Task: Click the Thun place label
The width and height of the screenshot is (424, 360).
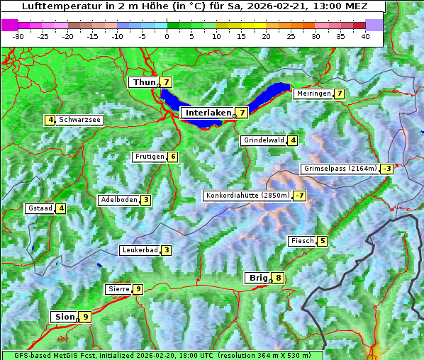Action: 144,83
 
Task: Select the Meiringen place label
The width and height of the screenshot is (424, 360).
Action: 313,94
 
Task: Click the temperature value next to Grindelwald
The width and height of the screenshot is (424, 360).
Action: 292,140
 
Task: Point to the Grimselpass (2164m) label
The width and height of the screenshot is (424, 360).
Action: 340,169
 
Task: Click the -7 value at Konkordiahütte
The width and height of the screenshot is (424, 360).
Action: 300,196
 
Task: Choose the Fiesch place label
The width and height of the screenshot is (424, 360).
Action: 302,241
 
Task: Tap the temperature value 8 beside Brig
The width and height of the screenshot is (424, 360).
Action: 279,279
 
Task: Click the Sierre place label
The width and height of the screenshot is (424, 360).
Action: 118,289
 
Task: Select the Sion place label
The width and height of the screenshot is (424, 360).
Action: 64,317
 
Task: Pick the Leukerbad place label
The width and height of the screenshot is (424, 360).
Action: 139,250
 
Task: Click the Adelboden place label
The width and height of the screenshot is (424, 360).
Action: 118,200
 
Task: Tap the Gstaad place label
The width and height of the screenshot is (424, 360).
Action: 40,208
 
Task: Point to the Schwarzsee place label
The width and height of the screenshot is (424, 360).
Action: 80,120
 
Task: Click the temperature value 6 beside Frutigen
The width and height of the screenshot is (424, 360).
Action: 172,157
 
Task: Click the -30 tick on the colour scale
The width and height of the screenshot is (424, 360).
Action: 18,35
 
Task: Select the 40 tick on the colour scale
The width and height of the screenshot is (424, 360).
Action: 365,35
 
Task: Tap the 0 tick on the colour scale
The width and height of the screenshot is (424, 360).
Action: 167,35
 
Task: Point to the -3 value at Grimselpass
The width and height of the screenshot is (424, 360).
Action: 386,169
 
